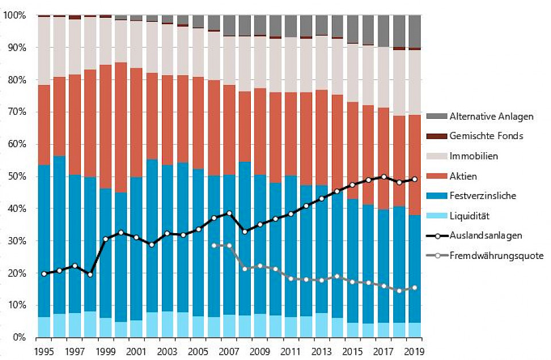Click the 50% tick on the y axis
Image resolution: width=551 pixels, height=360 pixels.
pos(17,177)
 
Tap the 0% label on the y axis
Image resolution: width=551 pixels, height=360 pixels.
pos(19,338)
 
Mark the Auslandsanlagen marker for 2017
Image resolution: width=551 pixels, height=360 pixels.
pos(383,177)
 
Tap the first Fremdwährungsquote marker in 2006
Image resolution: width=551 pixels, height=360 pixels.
pos(215,246)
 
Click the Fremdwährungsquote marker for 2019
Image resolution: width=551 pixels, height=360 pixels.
pos(414,288)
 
